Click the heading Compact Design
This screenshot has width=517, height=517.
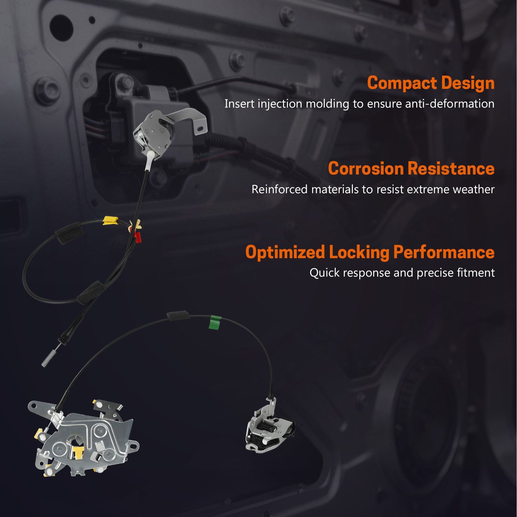(x=431, y=83)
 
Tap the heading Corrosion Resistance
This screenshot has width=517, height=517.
(x=411, y=168)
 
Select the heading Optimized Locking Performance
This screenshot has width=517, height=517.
(x=370, y=252)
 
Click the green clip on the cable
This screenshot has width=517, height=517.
(x=215, y=322)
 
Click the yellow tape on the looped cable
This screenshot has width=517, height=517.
(x=111, y=220)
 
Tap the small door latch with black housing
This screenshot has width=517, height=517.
(x=270, y=427)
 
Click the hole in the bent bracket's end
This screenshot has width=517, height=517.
(x=200, y=128)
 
